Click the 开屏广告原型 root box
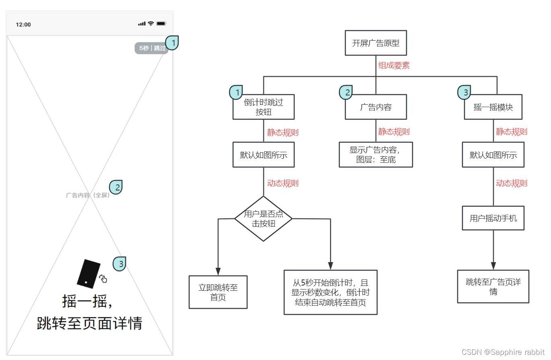376,43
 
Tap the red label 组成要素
394,65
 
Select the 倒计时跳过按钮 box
264,107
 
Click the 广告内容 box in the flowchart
376,107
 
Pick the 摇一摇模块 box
493,107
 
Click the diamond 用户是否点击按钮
263,219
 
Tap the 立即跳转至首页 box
218,292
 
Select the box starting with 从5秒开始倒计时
330,292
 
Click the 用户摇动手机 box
493,218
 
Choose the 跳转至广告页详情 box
493,286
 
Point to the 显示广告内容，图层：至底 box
376,155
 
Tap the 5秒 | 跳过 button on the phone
151,48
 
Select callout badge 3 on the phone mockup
120,263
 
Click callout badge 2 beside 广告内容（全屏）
116,187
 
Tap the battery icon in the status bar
161,24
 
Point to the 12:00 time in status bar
23,25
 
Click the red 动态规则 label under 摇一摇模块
511,184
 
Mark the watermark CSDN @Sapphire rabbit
503,352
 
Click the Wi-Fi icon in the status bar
151,24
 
